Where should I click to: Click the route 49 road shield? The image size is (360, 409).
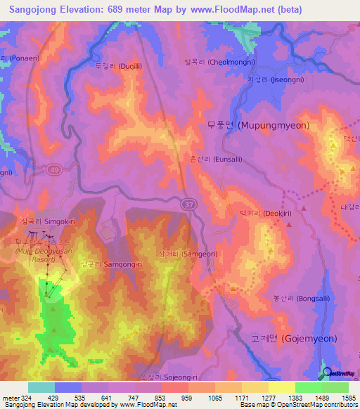[x=54, y=169]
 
